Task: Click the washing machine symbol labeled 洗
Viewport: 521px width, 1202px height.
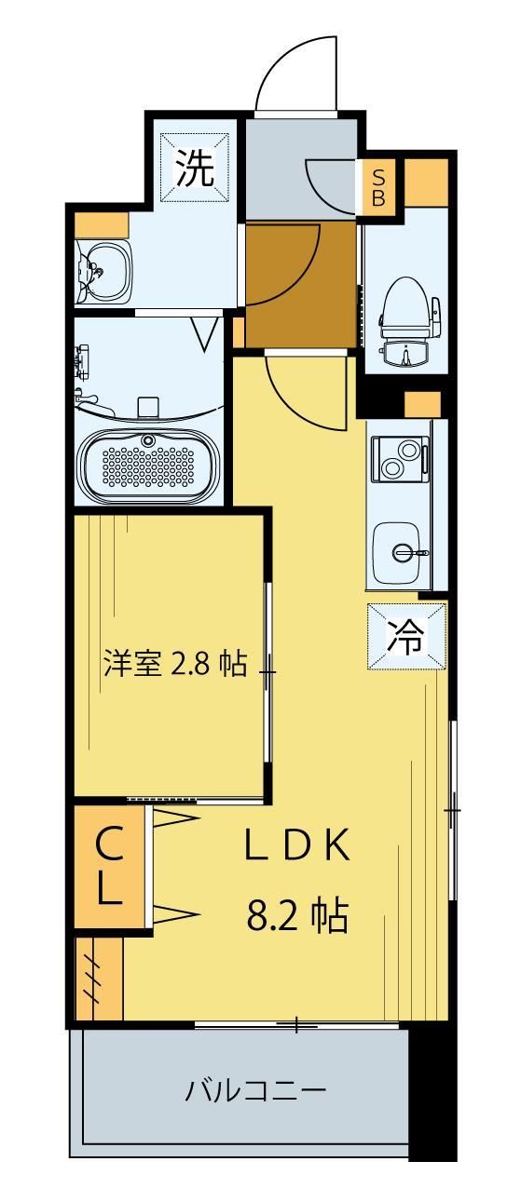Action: (x=196, y=168)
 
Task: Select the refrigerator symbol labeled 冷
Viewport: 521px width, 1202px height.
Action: (x=406, y=636)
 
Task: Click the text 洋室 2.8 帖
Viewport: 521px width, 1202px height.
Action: (x=173, y=664)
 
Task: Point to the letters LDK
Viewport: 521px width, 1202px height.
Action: (x=296, y=844)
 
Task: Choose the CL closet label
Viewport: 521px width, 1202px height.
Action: (x=109, y=868)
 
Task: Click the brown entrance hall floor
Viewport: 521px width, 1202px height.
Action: (x=300, y=284)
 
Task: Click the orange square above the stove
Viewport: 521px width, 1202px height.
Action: (x=422, y=405)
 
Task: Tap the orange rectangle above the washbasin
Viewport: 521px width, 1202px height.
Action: (x=101, y=224)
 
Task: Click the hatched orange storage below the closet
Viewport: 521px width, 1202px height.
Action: (x=99, y=978)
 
